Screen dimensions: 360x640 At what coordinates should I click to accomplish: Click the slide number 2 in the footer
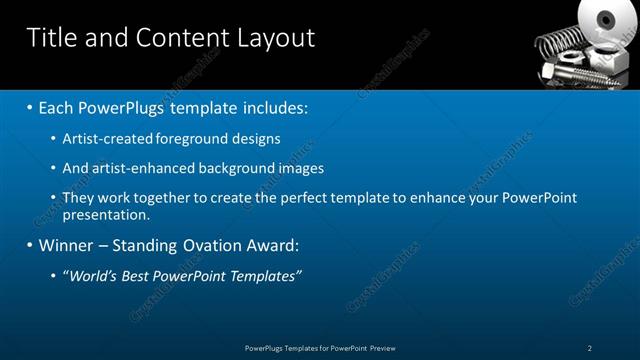590,348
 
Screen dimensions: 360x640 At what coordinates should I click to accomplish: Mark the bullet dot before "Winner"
31,245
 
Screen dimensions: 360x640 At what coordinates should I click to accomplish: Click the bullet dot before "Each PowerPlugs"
31,106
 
